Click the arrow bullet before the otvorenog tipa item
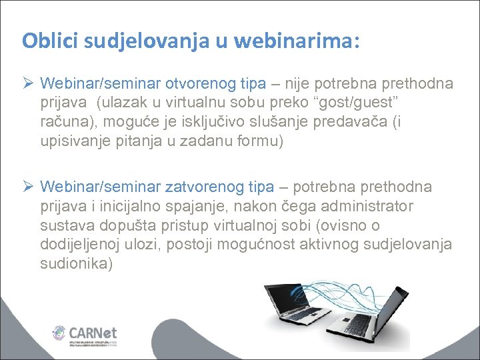pos(29,84)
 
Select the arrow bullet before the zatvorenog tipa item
pos(29,187)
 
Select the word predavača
pos(387,123)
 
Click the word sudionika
pos(75,264)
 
